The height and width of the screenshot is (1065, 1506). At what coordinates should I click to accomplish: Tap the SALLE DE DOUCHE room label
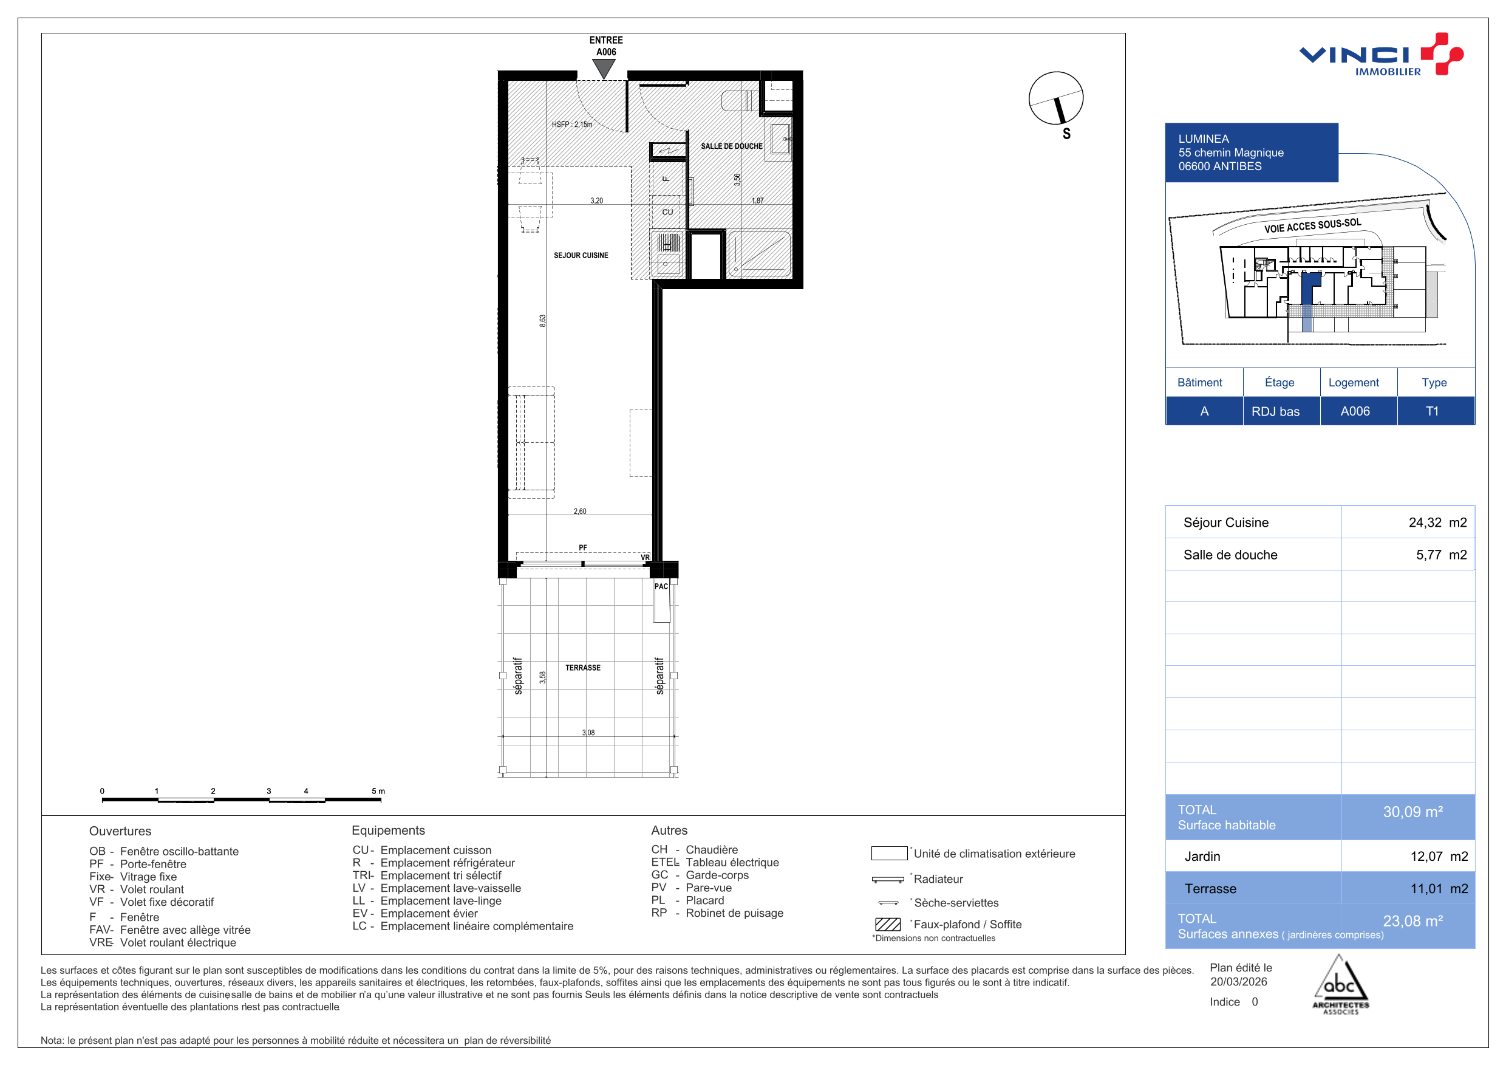pos(731,146)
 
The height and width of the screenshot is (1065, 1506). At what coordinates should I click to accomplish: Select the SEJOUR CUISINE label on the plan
pos(581,255)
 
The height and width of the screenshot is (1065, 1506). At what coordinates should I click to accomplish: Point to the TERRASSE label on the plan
pos(582,667)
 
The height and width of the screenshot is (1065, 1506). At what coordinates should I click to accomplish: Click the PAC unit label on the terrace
pos(661,586)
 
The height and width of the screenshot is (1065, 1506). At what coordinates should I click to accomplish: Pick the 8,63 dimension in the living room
pos(542,321)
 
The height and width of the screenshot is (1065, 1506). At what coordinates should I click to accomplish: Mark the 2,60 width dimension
pos(580,511)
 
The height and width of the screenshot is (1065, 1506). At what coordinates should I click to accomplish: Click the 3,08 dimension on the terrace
pos(588,732)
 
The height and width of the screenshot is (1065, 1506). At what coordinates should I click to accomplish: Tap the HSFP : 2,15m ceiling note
pos(571,124)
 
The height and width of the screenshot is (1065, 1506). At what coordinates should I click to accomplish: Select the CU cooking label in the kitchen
pos(667,212)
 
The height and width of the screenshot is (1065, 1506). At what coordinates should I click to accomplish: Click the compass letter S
pos(1066,134)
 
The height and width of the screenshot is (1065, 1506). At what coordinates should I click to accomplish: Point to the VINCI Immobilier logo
pos(1382,55)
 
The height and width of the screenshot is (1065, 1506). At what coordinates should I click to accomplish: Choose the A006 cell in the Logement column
pos(1355,411)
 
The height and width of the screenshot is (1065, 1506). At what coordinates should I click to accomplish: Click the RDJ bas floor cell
pos(1275,411)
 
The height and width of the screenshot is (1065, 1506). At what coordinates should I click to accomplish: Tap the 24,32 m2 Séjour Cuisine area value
pos(1437,522)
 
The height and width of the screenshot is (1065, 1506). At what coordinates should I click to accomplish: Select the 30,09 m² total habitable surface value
pos(1413,812)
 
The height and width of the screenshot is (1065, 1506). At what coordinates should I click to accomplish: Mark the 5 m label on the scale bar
pos(378,791)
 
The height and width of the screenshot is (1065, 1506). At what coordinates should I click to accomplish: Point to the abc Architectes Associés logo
pos(1340,984)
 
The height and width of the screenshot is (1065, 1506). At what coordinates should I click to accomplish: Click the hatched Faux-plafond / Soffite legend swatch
pos(887,924)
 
